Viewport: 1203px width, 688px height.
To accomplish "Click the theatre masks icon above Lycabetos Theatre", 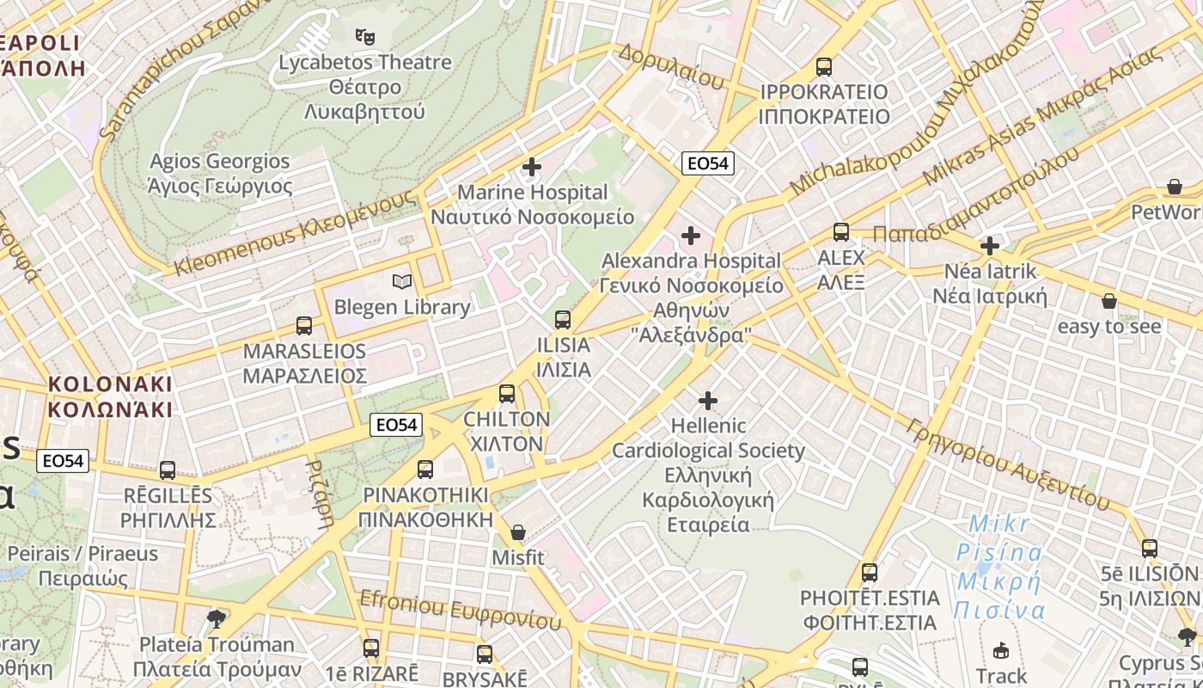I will (365, 37).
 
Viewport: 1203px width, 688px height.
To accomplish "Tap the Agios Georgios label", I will (220, 174).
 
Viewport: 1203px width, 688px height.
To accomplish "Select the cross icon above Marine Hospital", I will (532, 166).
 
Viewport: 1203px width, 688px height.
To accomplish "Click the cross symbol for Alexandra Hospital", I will (691, 235).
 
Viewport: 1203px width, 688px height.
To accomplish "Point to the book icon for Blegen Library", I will (401, 281).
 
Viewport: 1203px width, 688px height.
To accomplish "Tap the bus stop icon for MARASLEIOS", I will (304, 326).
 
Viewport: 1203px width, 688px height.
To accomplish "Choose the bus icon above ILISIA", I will (563, 320).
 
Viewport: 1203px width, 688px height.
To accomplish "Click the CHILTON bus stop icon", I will (507, 394).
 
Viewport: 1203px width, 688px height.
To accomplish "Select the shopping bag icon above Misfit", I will (517, 532).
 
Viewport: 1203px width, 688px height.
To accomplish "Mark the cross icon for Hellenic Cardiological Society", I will (708, 401).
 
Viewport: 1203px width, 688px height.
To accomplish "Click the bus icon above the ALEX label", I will (840, 231).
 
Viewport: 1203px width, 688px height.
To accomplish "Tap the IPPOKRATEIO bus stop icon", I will (824, 66).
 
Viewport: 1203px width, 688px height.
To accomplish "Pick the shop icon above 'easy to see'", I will (1109, 301).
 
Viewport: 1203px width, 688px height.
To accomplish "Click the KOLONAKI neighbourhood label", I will (110, 396).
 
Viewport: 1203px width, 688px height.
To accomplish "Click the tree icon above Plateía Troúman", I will (217, 618).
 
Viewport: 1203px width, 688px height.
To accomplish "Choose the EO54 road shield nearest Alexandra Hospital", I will (708, 163).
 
